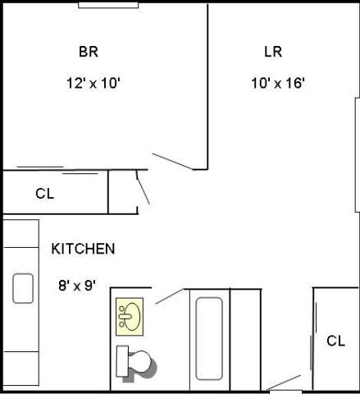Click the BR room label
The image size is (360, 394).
coord(89,53)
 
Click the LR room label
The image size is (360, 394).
coord(273,53)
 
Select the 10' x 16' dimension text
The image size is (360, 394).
coord(279,83)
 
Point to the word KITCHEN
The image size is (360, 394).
coord(83,249)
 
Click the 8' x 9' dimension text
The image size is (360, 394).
coord(77,286)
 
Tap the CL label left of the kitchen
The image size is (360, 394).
coord(44,195)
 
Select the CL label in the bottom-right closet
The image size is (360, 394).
coord(335,341)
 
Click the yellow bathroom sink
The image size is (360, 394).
coord(129,315)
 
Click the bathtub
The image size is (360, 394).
coord(209,339)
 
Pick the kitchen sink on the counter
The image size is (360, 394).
coord(22,288)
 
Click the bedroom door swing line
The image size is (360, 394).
coord(173,160)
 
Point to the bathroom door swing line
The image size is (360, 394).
coord(169,296)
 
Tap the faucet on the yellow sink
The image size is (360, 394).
coord(123,315)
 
